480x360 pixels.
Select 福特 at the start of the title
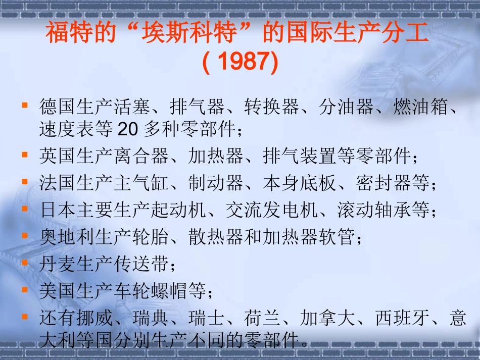tap(65, 34)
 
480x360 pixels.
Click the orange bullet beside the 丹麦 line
tap(24, 263)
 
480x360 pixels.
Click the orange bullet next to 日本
tap(24, 208)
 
